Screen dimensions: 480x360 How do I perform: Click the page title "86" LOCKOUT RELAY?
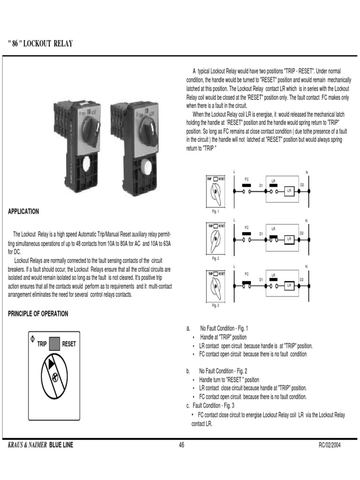coord(40,45)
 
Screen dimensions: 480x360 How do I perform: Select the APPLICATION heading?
coord(23,211)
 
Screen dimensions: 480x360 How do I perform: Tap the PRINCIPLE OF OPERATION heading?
coord(38,314)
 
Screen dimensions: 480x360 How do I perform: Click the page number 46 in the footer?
coord(181,445)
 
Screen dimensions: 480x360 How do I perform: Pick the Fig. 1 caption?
coord(216,211)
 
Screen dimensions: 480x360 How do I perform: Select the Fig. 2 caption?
coord(216,259)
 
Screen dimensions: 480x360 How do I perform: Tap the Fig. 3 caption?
coord(216,305)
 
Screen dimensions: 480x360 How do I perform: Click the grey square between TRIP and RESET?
coord(54,344)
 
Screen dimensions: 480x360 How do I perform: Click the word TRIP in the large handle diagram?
coord(42,344)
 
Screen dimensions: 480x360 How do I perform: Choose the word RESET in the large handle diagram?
coord(69,344)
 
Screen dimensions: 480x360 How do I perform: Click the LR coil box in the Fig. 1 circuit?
coord(289,191)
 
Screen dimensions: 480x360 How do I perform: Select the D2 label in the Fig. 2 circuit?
coord(302,233)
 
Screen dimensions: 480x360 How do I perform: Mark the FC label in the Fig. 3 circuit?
coord(246,273)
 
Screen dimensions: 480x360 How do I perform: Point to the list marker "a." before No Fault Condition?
coord(188,328)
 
